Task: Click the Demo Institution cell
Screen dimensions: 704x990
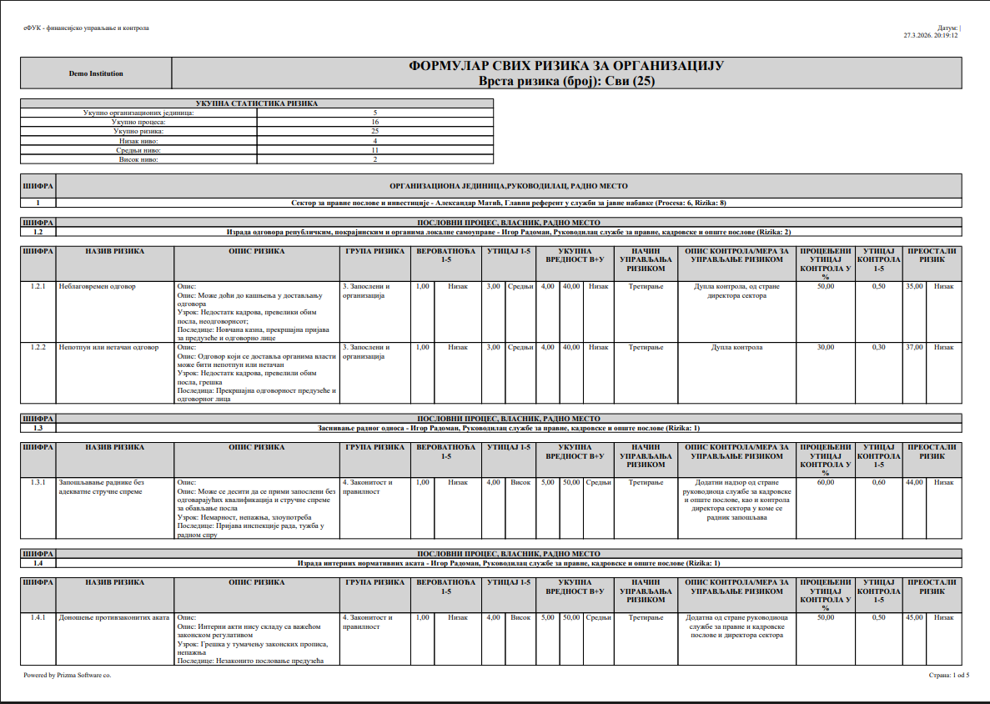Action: (x=96, y=73)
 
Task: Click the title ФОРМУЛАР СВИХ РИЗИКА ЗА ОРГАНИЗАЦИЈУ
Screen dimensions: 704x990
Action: (x=566, y=66)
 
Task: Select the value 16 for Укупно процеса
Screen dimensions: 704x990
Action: (x=374, y=122)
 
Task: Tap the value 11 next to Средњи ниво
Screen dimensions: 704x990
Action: (x=374, y=150)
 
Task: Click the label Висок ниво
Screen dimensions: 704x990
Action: (x=138, y=159)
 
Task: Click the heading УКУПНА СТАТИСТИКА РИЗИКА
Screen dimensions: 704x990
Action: (x=256, y=103)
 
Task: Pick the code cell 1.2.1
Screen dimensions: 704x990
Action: (x=37, y=287)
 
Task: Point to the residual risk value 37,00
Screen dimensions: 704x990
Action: (x=914, y=347)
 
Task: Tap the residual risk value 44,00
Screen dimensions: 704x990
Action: (x=914, y=482)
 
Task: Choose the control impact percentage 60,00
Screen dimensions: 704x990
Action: (x=825, y=482)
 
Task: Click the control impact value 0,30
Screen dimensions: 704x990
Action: (x=878, y=347)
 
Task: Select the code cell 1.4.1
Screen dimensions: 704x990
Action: (x=37, y=617)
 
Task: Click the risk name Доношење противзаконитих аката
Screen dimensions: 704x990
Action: (x=113, y=617)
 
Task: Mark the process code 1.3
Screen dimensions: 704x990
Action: (x=38, y=428)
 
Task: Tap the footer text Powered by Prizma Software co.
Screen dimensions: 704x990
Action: (x=67, y=675)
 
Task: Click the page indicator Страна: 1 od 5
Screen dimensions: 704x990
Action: (x=948, y=675)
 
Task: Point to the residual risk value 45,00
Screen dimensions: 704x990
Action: (x=914, y=617)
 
